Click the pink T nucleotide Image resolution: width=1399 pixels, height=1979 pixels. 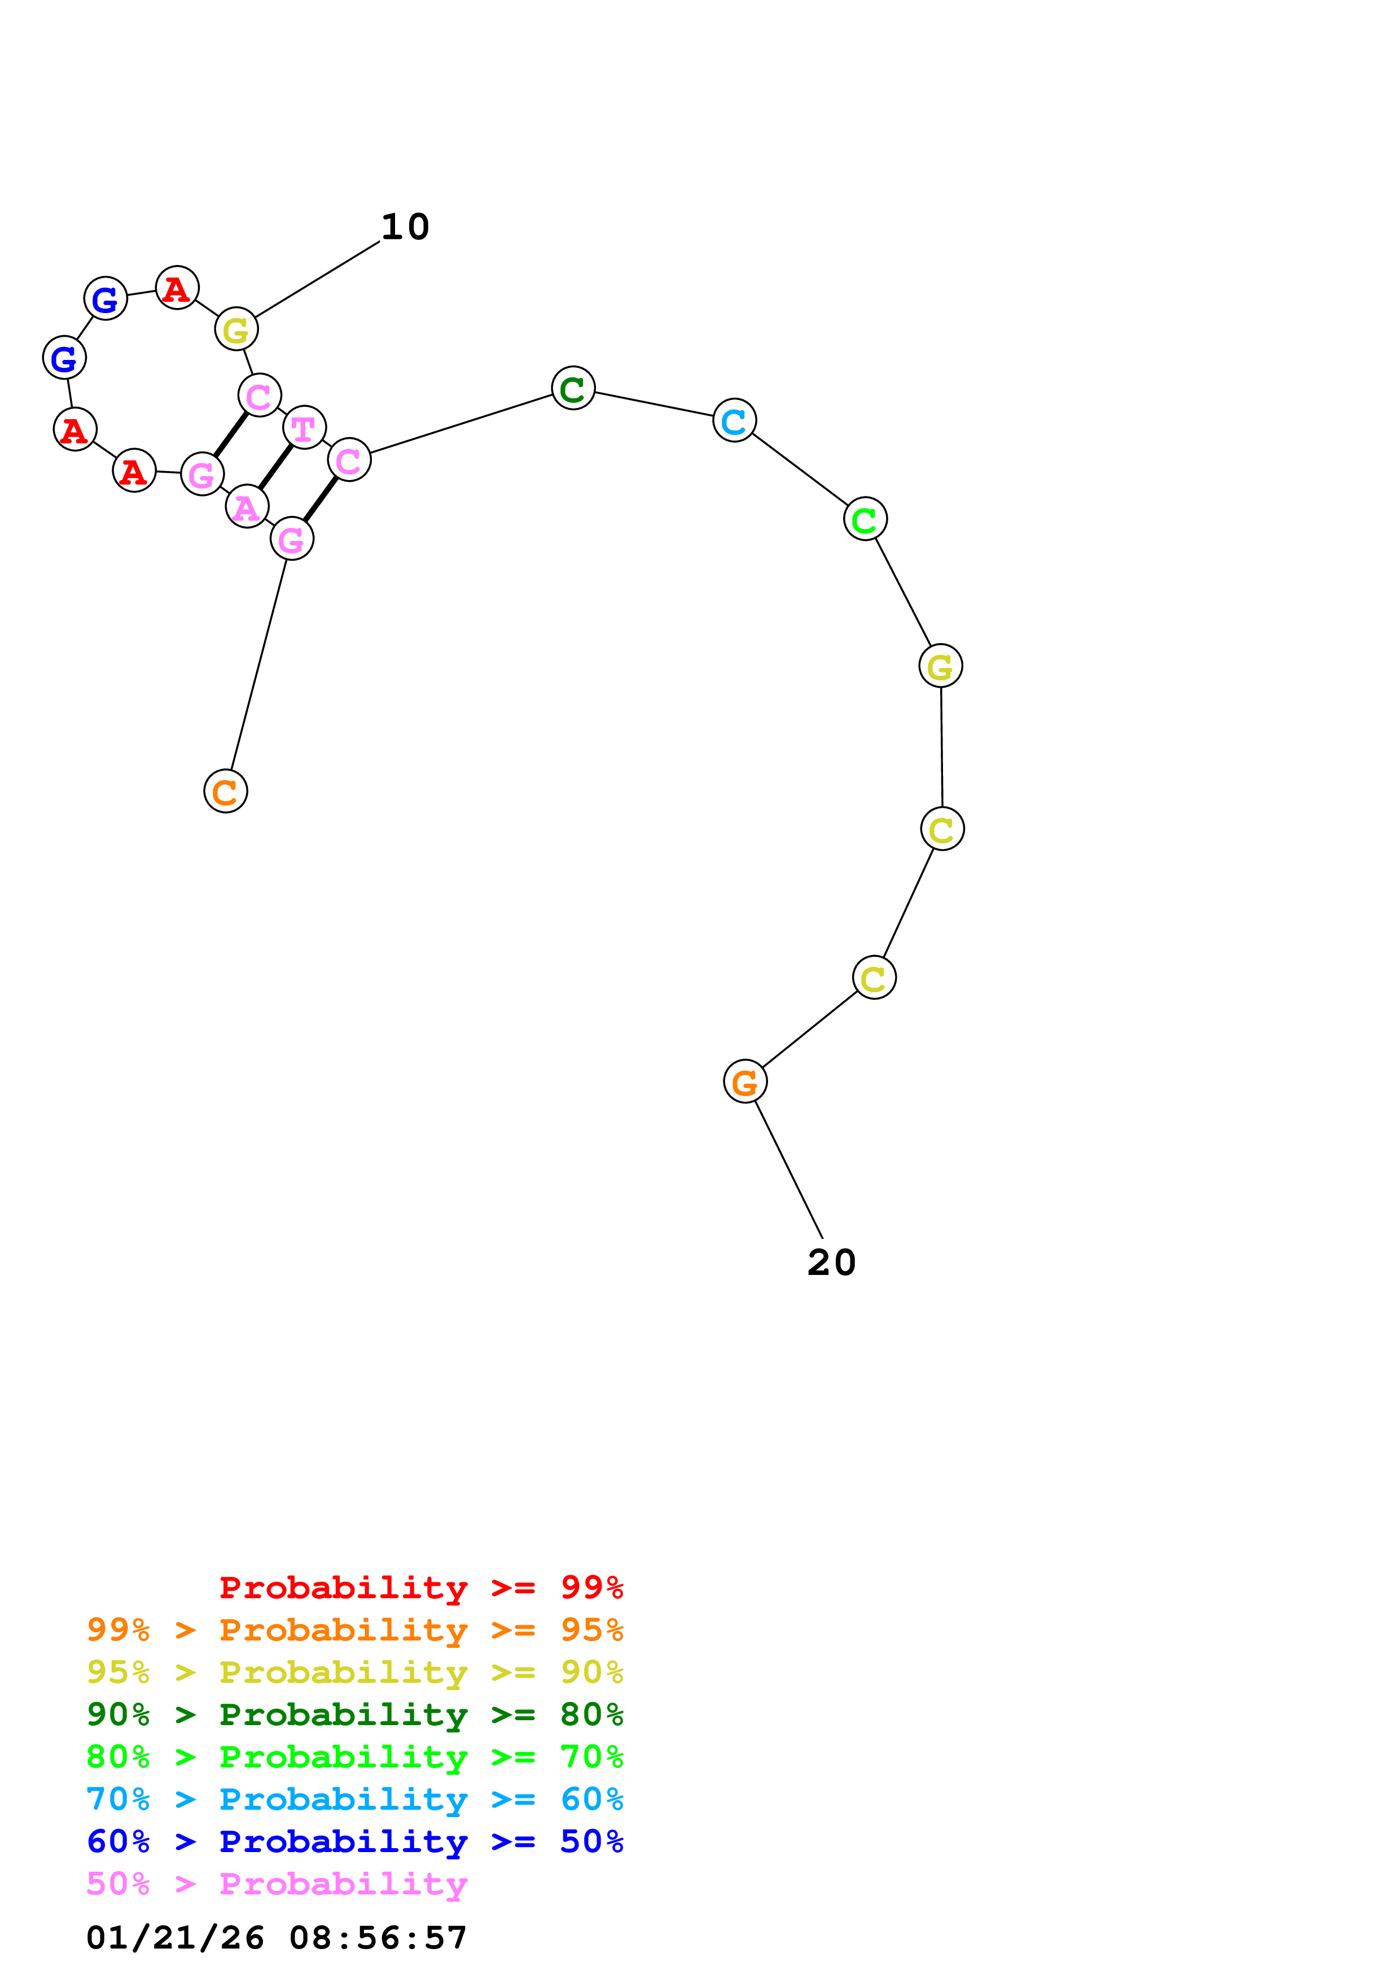(x=304, y=428)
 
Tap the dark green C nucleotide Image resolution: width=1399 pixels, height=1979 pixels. (x=573, y=388)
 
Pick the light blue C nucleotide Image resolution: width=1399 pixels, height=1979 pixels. (x=734, y=421)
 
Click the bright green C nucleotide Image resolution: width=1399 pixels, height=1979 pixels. (x=866, y=519)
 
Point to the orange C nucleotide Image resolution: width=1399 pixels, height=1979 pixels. (x=226, y=791)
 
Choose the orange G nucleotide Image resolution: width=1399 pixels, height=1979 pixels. (x=745, y=1081)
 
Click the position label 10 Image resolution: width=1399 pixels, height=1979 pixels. (x=405, y=227)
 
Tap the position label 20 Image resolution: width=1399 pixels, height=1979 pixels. (x=831, y=1263)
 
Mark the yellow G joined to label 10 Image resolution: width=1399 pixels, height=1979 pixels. (x=236, y=329)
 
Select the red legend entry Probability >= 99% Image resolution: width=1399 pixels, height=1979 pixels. (x=420, y=1587)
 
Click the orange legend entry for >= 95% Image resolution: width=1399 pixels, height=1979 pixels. (x=354, y=1630)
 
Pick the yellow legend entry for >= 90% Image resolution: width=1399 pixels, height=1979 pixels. (x=354, y=1672)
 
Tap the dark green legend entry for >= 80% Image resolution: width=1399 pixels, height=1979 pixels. (x=354, y=1714)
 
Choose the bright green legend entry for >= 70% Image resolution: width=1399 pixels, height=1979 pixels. (x=354, y=1757)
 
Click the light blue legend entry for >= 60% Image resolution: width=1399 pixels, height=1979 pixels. (x=354, y=1799)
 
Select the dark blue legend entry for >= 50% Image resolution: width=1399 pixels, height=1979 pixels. (x=354, y=1841)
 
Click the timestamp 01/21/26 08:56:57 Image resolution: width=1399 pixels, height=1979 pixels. (x=277, y=1938)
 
